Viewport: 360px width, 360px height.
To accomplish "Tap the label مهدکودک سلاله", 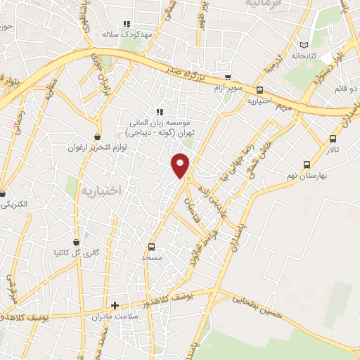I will click(x=119, y=33).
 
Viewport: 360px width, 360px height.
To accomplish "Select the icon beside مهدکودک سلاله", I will click(x=127, y=24).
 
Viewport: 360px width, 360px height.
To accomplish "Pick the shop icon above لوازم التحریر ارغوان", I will click(x=96, y=136).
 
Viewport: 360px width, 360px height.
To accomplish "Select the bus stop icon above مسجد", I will click(x=151, y=247).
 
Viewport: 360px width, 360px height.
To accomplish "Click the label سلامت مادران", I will click(x=110, y=316).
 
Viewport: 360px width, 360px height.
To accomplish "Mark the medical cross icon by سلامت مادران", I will click(x=115, y=306).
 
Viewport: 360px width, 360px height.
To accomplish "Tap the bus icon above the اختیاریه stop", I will click(x=259, y=90).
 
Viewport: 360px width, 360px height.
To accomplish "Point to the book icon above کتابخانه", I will click(x=304, y=44).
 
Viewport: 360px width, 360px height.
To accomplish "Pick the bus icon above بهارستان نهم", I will click(x=306, y=165).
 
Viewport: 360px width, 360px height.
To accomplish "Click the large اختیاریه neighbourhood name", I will click(x=101, y=191).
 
